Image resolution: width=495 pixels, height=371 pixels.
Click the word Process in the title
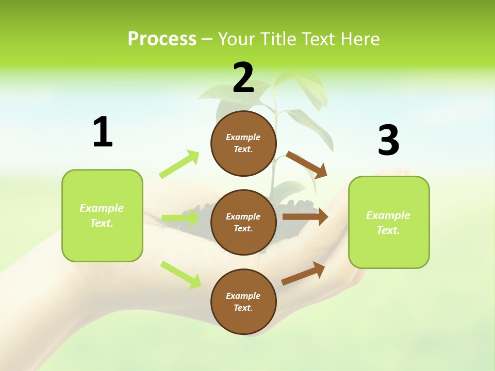click(162, 39)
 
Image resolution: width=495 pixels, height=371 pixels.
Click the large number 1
click(103, 132)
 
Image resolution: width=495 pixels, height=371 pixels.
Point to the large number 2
click(243, 78)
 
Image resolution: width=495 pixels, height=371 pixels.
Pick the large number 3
click(388, 140)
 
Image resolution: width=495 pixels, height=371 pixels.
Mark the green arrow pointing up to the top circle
click(179, 164)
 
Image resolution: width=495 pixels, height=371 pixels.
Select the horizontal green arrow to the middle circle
click(180, 218)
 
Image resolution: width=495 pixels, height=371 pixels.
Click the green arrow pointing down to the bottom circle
click(180, 275)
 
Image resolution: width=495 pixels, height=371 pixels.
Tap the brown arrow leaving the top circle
click(307, 165)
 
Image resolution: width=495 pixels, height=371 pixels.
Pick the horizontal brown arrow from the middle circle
click(305, 217)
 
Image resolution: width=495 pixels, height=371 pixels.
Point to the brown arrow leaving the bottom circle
click(303, 273)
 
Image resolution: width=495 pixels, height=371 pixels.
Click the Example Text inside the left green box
click(102, 215)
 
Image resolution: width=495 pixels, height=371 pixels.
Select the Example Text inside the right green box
click(388, 223)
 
